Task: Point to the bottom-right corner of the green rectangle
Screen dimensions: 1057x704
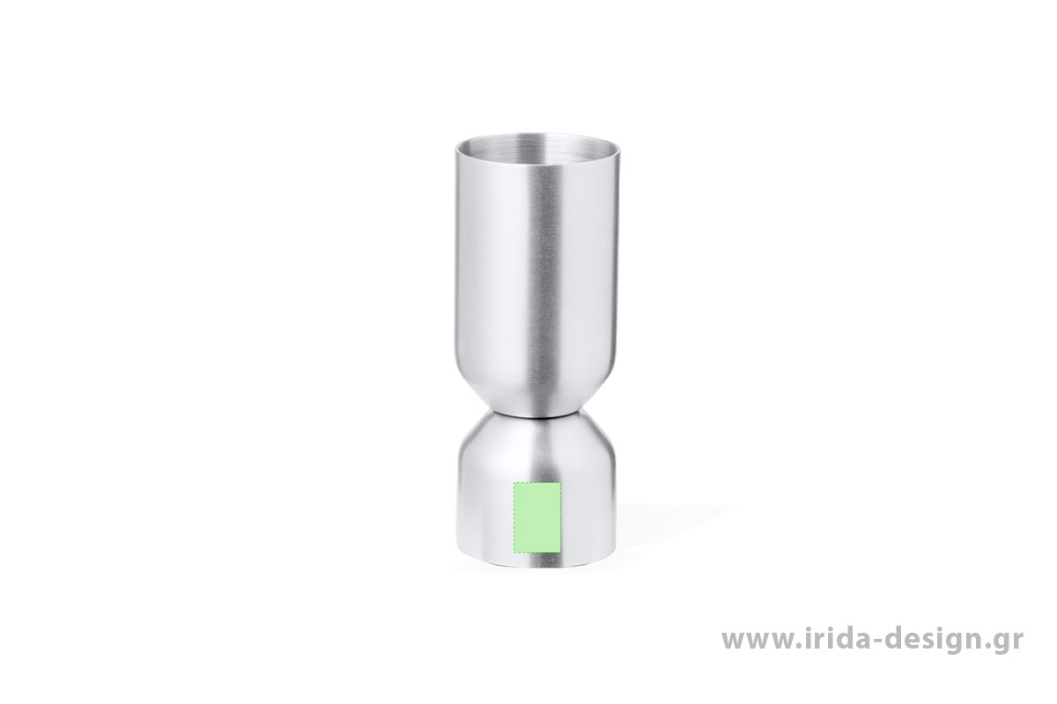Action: tap(560, 552)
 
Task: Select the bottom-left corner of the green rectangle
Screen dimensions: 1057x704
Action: tap(514, 552)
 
